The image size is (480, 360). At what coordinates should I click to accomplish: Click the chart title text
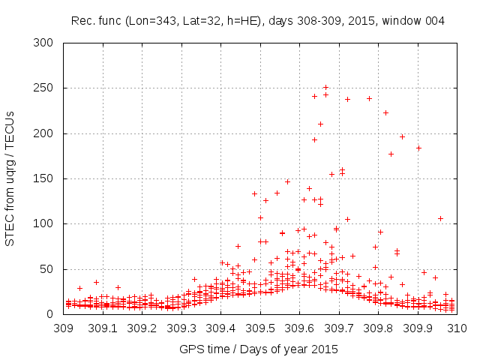pyautogui.click(x=257, y=21)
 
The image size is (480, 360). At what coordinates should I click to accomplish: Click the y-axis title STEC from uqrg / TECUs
pyautogui.click(x=10, y=178)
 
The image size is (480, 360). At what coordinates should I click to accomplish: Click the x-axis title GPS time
pyautogui.click(x=258, y=349)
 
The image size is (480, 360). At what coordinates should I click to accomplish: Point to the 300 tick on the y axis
pyautogui.click(x=46, y=43)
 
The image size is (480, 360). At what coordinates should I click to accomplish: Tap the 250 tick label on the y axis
pyautogui.click(x=46, y=88)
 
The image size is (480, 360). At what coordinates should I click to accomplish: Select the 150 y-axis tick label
pyautogui.click(x=46, y=178)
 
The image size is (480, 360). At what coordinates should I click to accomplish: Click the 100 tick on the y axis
pyautogui.click(x=46, y=223)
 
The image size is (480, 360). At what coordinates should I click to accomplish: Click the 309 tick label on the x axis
pyautogui.click(x=63, y=328)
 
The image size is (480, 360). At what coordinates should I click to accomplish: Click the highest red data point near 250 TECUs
pyautogui.click(x=325, y=87)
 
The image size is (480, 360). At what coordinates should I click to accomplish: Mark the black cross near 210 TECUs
pyautogui.click(x=320, y=124)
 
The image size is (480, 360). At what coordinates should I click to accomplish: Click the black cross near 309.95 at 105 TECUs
pyautogui.click(x=440, y=218)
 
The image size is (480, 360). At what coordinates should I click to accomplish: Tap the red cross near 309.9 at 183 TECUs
pyautogui.click(x=418, y=148)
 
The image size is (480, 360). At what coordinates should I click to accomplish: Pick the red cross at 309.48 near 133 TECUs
pyautogui.click(x=254, y=193)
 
